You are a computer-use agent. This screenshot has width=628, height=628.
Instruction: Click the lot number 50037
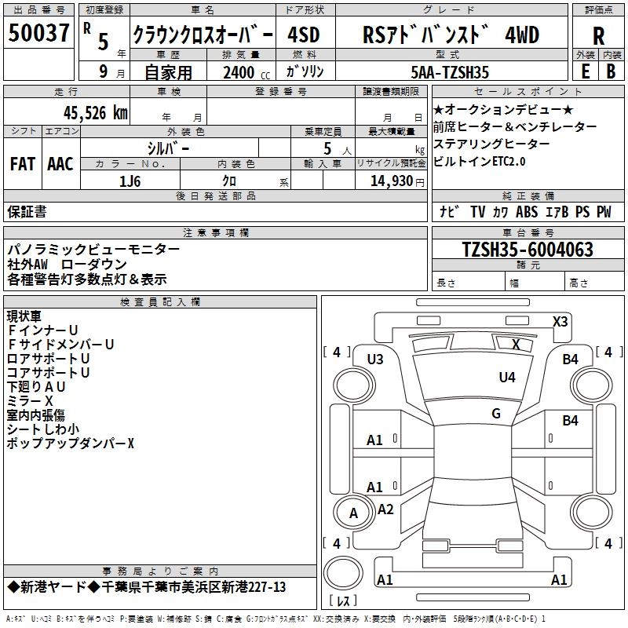click(38, 34)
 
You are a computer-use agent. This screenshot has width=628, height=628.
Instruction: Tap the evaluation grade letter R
click(598, 36)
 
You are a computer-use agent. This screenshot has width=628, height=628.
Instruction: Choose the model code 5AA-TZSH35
click(450, 73)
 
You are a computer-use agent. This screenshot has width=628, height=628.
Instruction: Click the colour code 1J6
click(130, 181)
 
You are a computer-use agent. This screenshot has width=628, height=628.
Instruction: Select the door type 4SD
click(304, 36)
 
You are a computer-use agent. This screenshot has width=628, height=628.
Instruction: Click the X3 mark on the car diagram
click(560, 321)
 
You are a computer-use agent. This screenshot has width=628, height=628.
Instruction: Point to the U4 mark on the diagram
click(507, 378)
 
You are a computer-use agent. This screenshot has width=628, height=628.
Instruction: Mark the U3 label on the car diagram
click(375, 360)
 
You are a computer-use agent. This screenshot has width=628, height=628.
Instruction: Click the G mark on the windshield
click(496, 413)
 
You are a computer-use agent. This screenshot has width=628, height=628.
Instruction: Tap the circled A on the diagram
click(353, 513)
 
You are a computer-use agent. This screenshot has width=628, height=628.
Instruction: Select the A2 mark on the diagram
click(385, 509)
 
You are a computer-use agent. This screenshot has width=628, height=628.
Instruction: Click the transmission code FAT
click(23, 164)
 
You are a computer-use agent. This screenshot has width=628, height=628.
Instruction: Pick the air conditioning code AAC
click(60, 164)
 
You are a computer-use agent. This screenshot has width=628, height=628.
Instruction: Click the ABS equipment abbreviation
click(527, 212)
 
